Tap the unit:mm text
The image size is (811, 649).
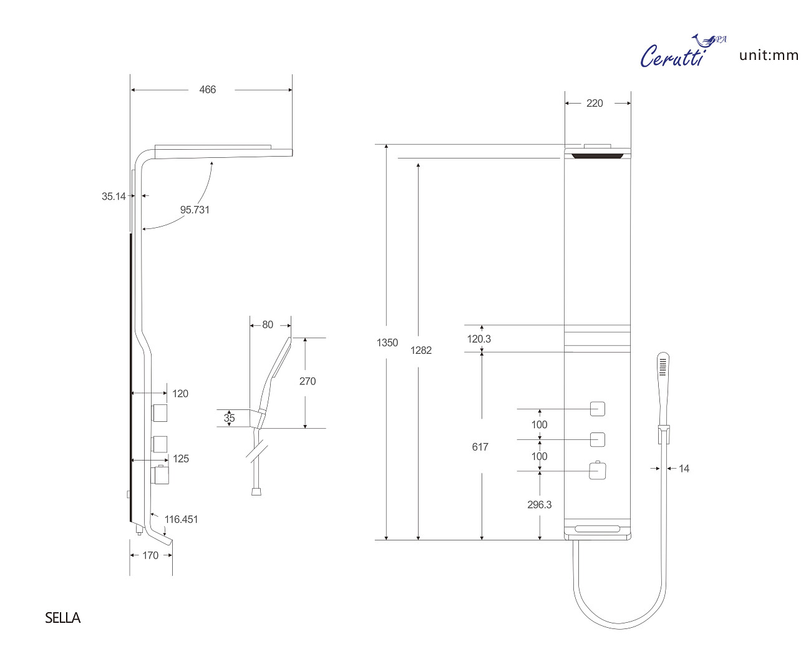point(769,56)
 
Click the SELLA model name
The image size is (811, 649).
point(63,618)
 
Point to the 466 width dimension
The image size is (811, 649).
point(208,90)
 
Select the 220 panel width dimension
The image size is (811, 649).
point(595,104)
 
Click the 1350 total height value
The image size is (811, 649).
point(387,343)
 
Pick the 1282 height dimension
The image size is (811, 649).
point(421,350)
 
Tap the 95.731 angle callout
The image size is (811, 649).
point(195,210)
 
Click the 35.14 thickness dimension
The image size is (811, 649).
point(114,196)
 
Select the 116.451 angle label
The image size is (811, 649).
point(181,519)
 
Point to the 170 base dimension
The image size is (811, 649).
point(150,555)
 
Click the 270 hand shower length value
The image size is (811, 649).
point(308,381)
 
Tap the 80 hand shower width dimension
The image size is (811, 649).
point(268,325)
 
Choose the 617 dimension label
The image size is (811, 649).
point(480,447)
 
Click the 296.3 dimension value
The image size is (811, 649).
point(540,505)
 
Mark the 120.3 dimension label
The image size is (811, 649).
point(479,339)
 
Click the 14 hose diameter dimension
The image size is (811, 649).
point(684,469)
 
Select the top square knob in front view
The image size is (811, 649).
point(598,409)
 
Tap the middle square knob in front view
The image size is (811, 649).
point(598,439)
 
